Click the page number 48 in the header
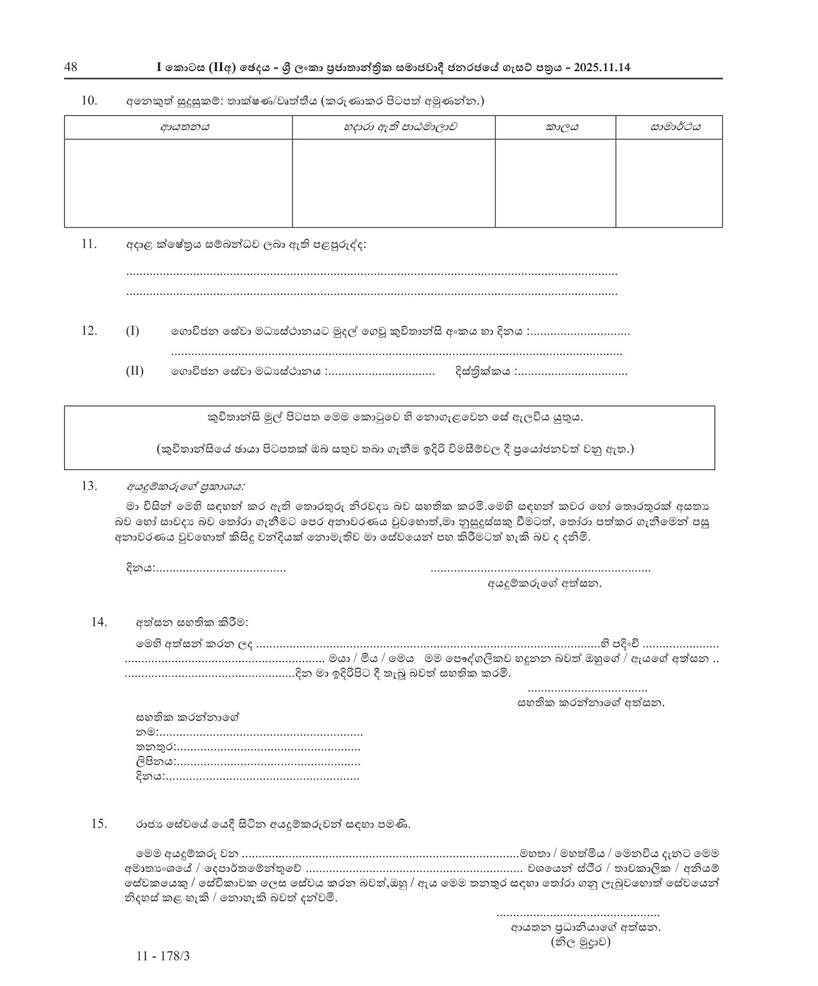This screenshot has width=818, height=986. (x=71, y=67)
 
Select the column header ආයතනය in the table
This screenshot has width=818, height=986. (x=178, y=127)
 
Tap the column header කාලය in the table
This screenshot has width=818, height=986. (x=556, y=127)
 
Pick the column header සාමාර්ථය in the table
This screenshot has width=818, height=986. (x=669, y=127)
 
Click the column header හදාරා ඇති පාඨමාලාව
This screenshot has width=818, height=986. (x=393, y=127)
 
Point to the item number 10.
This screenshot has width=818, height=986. (x=89, y=100)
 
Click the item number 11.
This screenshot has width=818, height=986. (x=89, y=244)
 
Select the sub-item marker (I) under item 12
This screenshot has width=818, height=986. (x=132, y=331)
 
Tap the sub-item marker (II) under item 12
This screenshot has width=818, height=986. (x=134, y=371)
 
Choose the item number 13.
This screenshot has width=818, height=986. (x=89, y=485)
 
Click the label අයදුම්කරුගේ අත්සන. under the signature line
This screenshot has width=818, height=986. (x=545, y=584)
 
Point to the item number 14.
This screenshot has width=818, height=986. (x=99, y=621)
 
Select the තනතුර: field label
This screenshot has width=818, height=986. (x=155, y=748)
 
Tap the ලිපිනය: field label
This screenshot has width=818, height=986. (x=155, y=762)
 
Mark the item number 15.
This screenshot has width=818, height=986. (x=99, y=824)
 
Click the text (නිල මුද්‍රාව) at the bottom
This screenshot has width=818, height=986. (x=580, y=942)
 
